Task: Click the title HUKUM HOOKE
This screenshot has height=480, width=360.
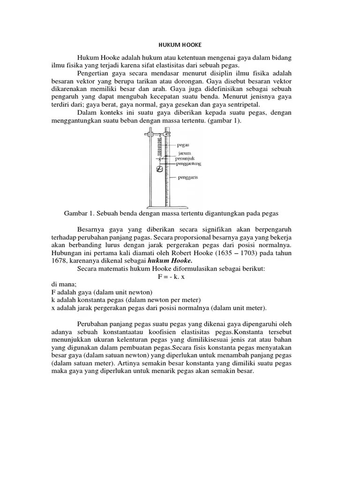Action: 180,45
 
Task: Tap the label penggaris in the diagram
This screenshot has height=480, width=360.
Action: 188,178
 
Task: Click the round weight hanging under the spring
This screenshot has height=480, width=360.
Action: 159,170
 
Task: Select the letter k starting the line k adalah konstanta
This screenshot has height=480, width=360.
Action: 53,300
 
